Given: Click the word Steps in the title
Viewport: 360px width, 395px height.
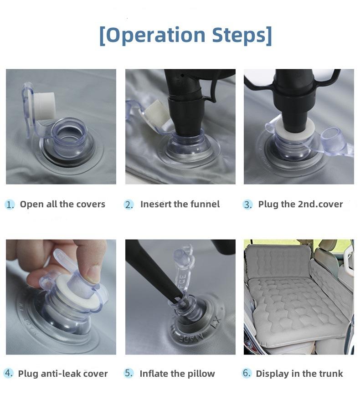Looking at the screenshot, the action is pos(239,35).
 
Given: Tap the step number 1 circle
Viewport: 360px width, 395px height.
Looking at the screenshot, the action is pos(10,204).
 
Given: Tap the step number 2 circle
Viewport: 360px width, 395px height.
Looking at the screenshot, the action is pos(129,204).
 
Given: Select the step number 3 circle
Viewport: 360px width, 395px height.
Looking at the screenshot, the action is pos(247,204).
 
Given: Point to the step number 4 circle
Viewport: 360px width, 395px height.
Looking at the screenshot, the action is pos(9,373).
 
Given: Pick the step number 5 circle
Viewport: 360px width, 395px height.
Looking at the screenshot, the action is pos(129,373).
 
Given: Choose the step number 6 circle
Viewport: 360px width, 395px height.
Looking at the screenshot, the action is pos(246,373).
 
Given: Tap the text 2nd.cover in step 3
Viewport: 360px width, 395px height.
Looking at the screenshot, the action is pos(320,204).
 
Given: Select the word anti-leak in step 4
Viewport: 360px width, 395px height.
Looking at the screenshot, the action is pos(62,373).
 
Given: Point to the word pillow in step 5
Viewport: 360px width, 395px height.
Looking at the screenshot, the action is pos(201,373).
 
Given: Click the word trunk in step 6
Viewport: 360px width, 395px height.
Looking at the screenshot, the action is pos(331,373).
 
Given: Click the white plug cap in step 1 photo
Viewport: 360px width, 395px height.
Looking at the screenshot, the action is pos(44,106).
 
